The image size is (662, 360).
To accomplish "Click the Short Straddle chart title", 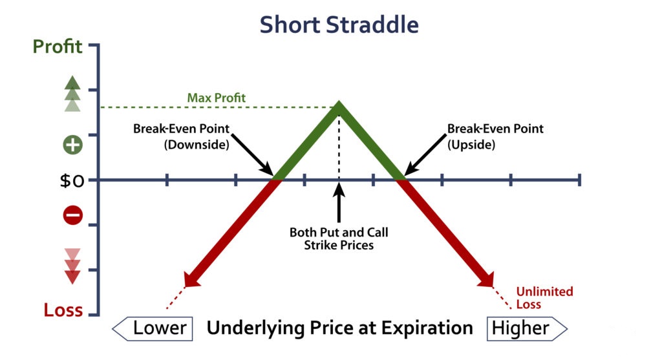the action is tap(339, 25).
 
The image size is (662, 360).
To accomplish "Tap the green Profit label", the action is tap(58, 47).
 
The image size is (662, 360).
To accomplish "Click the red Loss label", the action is tap(63, 310).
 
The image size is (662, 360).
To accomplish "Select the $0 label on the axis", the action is tap(72, 180).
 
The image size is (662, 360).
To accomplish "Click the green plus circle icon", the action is tap(72, 145).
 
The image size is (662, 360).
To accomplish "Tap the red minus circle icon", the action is tap(72, 216).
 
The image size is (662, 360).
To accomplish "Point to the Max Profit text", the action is tap(216, 98).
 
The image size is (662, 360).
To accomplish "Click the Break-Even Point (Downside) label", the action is tap(182, 136).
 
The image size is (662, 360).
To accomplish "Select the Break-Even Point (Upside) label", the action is tap(495, 136).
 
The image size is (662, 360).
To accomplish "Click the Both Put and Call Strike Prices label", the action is tap(339, 238).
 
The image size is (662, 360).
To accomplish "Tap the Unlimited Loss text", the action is tap(544, 297).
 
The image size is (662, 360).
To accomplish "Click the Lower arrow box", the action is tap(153, 328).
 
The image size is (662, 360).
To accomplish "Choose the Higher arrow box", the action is tap(527, 328).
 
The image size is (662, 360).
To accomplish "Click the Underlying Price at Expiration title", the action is tap(339, 328).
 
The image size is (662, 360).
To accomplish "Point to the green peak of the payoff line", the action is tap(339, 102).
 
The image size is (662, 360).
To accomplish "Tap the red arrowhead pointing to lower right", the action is tap(486, 280).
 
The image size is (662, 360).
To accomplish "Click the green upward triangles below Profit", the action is tap(72, 94).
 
